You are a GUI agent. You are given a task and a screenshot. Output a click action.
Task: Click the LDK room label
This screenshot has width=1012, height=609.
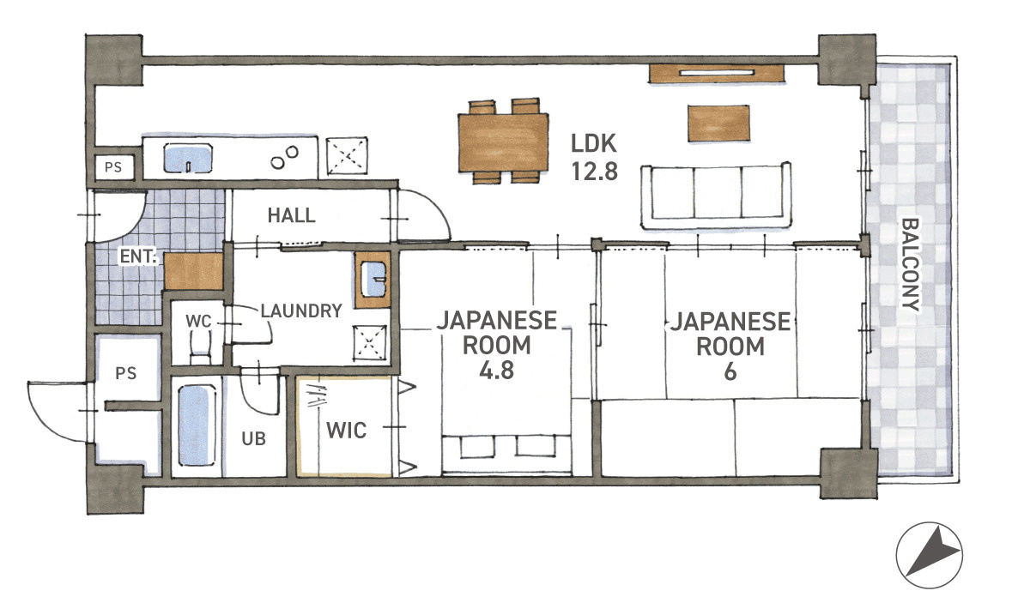click(594, 143)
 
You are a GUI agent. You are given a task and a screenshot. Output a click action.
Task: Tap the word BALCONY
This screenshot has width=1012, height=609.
click(910, 264)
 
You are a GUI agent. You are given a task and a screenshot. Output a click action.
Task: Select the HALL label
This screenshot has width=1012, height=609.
click(291, 214)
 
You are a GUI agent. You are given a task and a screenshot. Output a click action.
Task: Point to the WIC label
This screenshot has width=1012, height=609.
click(346, 431)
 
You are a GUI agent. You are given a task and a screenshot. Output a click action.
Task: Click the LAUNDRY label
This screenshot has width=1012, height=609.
click(300, 311)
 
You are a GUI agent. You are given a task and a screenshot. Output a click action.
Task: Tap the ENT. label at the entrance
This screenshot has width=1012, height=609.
click(139, 256)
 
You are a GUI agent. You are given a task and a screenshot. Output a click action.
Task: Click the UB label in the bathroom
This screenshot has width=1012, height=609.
click(254, 438)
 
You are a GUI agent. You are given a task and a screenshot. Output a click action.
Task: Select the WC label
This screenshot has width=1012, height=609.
click(198, 322)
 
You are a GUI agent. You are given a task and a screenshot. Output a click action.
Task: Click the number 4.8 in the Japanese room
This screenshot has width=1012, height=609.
click(496, 371)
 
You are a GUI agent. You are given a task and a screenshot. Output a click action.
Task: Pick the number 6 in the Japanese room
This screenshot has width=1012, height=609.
click(730, 371)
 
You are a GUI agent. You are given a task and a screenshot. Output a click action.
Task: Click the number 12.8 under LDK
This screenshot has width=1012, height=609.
click(594, 171)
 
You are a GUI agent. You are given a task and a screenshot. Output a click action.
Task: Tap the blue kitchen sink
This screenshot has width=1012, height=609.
click(188, 158)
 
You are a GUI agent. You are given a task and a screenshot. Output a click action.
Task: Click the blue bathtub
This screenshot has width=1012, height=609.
click(197, 425)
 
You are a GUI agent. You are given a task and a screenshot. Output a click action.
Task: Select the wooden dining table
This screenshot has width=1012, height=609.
click(503, 142)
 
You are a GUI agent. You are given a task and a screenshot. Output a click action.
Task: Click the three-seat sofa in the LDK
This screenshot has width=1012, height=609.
click(716, 196)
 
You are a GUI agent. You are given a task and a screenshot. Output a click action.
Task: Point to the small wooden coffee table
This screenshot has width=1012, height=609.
click(718, 124)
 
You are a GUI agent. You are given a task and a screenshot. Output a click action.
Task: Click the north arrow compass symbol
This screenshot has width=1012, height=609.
click(930, 555)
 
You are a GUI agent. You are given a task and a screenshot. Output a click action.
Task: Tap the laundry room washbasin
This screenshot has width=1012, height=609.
click(373, 280)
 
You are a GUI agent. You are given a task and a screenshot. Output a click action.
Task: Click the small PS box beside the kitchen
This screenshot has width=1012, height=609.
click(113, 167)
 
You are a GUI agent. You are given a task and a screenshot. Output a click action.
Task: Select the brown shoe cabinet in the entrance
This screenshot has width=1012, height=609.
click(194, 271)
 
